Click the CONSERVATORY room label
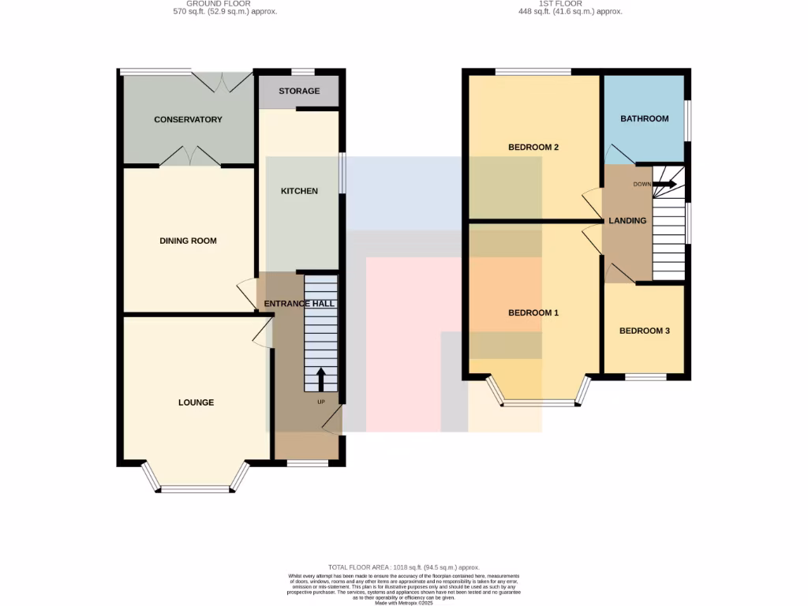(x=188, y=120)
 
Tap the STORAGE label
(x=299, y=92)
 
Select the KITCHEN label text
(x=300, y=191)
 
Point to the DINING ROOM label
(x=188, y=241)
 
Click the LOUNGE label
(x=196, y=402)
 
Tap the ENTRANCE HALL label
(x=299, y=304)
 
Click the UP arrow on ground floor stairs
(x=320, y=379)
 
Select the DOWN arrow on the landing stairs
(x=664, y=184)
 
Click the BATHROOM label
(x=644, y=119)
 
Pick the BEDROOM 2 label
(x=533, y=148)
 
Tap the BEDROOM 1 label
(x=533, y=313)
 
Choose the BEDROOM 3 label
(x=644, y=331)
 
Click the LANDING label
(x=627, y=221)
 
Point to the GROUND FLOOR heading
(x=225, y=3)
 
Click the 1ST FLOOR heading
(x=560, y=3)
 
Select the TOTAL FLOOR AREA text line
(x=403, y=567)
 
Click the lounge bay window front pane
(x=196, y=488)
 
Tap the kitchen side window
(x=341, y=172)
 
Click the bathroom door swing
(x=616, y=155)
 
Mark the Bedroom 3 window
(x=645, y=377)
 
